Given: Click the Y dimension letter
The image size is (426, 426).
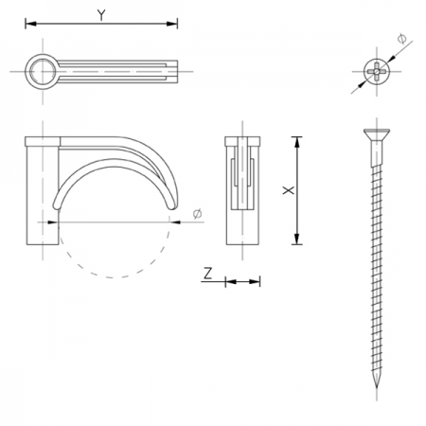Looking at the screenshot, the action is [101, 15].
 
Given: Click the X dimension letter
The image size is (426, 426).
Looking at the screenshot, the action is [289, 190].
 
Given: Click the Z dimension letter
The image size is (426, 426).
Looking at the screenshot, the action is [207, 274].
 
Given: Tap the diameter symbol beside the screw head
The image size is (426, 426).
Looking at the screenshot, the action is [401, 39].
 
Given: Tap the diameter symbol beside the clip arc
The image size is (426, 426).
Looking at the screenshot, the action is [197, 214].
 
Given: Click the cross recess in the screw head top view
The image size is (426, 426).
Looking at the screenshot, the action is [377, 71].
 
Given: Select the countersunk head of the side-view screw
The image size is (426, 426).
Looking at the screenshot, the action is [377, 134].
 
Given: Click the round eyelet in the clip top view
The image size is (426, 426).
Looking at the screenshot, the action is [43, 72].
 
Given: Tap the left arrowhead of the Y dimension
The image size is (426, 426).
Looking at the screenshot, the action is [30, 24].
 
